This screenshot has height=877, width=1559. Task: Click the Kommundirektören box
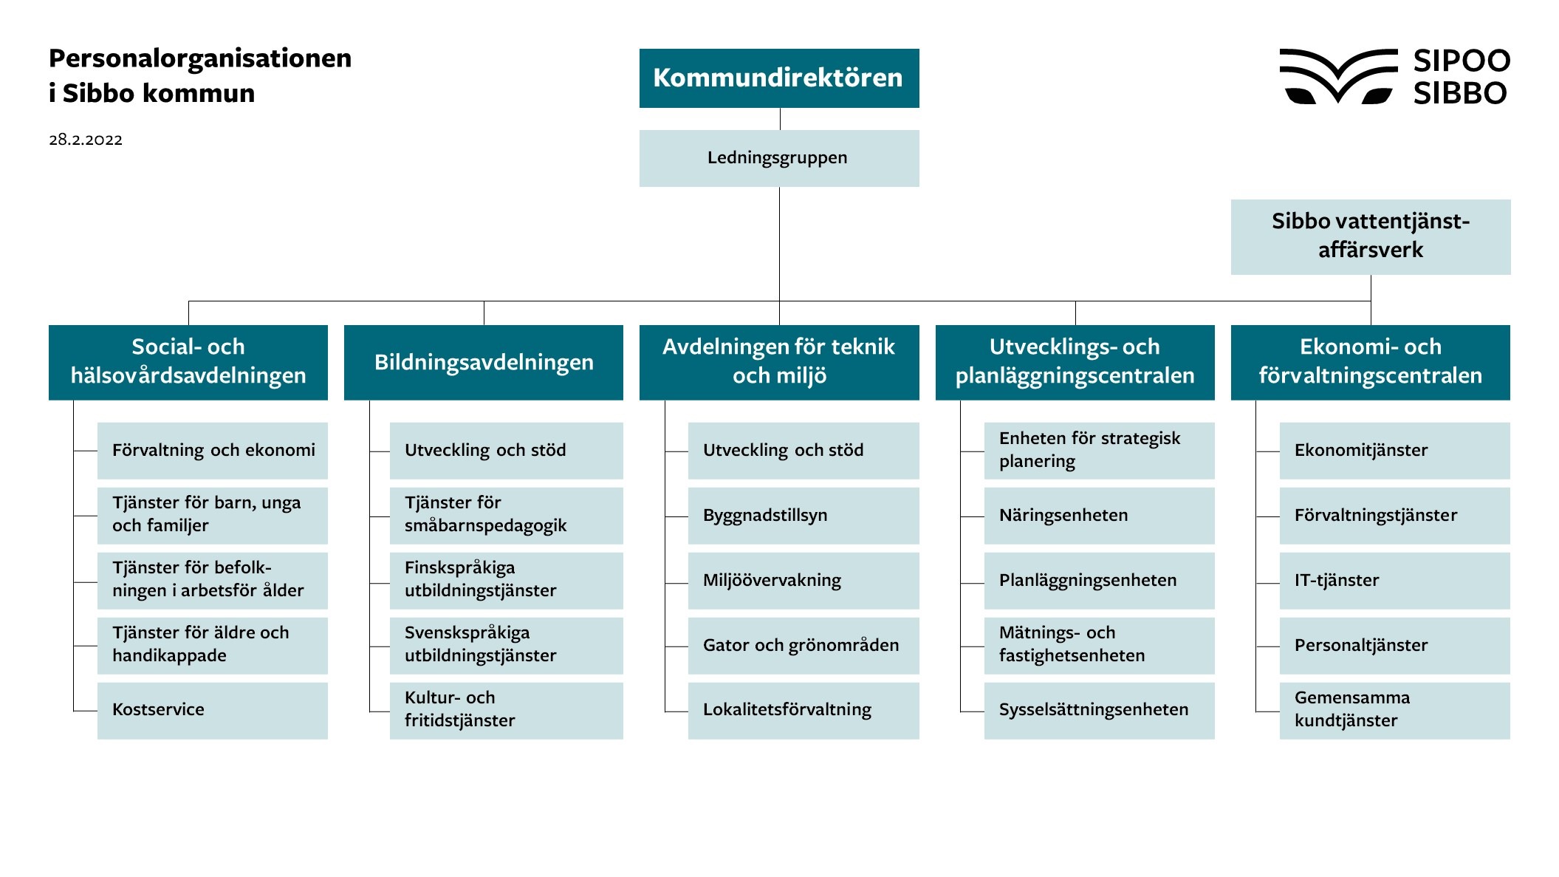point(778,78)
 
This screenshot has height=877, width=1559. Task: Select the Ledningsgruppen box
point(778,158)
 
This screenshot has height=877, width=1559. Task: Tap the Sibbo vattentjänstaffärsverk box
point(1370,236)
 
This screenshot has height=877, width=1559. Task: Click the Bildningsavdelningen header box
point(483,362)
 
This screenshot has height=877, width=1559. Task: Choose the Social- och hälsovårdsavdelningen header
point(188,362)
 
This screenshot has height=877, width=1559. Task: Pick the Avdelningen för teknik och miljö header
point(778,362)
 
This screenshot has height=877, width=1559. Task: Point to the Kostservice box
point(212,710)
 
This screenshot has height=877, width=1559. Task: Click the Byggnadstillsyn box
point(803,516)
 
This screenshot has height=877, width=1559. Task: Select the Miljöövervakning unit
point(803,581)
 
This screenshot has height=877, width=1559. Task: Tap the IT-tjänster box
point(1394,581)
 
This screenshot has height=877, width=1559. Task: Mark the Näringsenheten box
point(1099,516)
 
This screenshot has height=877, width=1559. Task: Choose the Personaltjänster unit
point(1394,646)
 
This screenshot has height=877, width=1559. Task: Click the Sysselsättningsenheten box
point(1099,710)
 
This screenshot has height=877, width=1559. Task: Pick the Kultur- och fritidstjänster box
point(506,710)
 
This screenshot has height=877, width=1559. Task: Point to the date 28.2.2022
point(86,140)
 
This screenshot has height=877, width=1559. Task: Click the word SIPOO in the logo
point(1461,61)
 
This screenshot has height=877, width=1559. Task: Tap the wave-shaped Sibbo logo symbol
point(1337,76)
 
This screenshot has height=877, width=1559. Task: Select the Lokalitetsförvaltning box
point(803,710)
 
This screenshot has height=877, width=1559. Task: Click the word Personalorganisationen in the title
point(200,58)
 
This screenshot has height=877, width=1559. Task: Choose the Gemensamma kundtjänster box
point(1394,710)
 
